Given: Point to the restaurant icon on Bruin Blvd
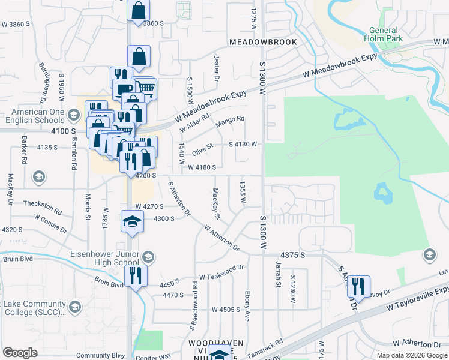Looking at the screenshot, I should click(136, 276).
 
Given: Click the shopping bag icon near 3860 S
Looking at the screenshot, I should click(139, 10).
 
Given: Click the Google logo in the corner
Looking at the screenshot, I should click(20, 353).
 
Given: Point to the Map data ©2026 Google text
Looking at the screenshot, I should click(412, 355).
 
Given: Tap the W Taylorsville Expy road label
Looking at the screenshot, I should click(417, 298).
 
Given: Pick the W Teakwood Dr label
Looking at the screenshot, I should click(223, 272).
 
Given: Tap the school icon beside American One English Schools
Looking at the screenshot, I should click(74, 115).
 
